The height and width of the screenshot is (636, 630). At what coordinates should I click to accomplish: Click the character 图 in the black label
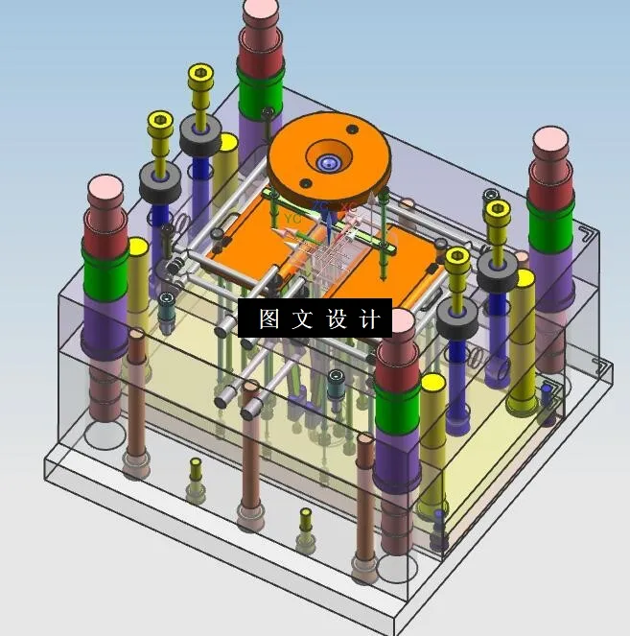[268, 319]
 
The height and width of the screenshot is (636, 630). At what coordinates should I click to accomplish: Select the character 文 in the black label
[301, 319]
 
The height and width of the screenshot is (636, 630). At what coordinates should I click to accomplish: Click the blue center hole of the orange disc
[330, 163]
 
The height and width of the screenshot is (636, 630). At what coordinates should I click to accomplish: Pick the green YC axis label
[292, 218]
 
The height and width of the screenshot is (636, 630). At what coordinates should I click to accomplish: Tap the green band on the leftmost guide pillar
[107, 274]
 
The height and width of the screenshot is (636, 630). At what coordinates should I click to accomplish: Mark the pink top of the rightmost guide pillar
[551, 143]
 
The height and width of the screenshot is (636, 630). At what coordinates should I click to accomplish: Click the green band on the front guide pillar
[395, 412]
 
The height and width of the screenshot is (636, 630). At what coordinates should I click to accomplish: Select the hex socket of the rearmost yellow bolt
[200, 74]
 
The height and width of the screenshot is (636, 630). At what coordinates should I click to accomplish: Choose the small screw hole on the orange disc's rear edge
[351, 129]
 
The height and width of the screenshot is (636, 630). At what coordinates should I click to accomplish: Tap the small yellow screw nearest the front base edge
[305, 520]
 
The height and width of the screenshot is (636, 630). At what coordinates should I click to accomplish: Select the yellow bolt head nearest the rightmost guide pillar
[498, 210]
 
